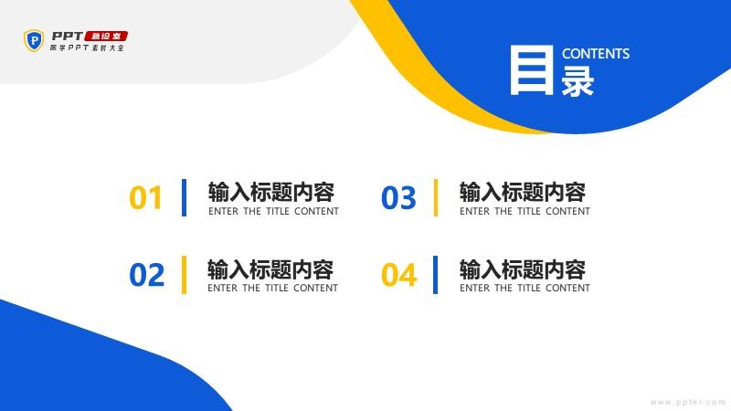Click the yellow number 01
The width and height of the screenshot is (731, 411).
[x=145, y=197]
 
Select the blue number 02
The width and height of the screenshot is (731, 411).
[x=146, y=275]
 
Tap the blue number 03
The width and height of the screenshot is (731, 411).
[x=398, y=197]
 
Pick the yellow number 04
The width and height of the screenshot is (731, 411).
[x=398, y=275]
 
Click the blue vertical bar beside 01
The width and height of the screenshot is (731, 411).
[x=185, y=197]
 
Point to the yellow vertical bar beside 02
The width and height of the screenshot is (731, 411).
[x=185, y=275]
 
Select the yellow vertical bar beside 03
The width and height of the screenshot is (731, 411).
[x=436, y=197]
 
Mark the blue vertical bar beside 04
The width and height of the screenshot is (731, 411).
[x=436, y=275]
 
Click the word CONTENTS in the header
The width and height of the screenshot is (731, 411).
[x=596, y=54]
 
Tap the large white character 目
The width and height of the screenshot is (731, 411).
[x=532, y=70]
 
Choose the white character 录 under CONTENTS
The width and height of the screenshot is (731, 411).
[x=577, y=80]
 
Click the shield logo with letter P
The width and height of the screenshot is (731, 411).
[x=34, y=40]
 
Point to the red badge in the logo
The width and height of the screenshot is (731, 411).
[x=107, y=36]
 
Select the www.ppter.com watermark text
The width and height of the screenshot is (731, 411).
[x=688, y=402]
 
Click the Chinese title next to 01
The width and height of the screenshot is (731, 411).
[x=271, y=192]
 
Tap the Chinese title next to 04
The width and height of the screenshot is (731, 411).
[x=523, y=269]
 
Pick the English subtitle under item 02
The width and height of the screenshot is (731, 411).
[x=272, y=288]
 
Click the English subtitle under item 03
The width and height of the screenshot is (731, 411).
[x=524, y=211]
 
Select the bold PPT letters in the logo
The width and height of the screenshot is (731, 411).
[x=68, y=36]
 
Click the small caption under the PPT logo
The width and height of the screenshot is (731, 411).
[x=87, y=47]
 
